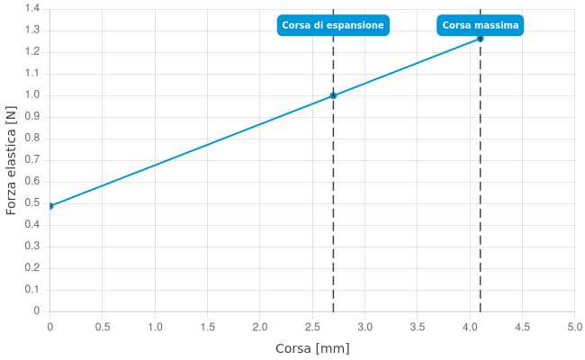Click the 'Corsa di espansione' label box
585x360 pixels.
click(x=333, y=25)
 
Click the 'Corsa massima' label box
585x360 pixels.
click(x=480, y=25)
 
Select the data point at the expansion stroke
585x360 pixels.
click(x=333, y=94)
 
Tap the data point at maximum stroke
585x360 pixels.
click(x=480, y=38)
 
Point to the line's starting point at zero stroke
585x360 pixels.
click(x=51, y=206)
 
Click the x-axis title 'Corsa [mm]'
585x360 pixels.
click(x=312, y=347)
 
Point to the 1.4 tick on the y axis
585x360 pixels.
click(x=31, y=7)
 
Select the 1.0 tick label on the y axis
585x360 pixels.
click(x=31, y=94)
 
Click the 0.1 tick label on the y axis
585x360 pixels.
click(x=31, y=289)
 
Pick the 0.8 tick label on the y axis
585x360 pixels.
click(x=31, y=137)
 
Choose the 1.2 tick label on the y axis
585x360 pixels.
click(x=31, y=50)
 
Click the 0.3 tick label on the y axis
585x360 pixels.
click(x=31, y=246)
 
